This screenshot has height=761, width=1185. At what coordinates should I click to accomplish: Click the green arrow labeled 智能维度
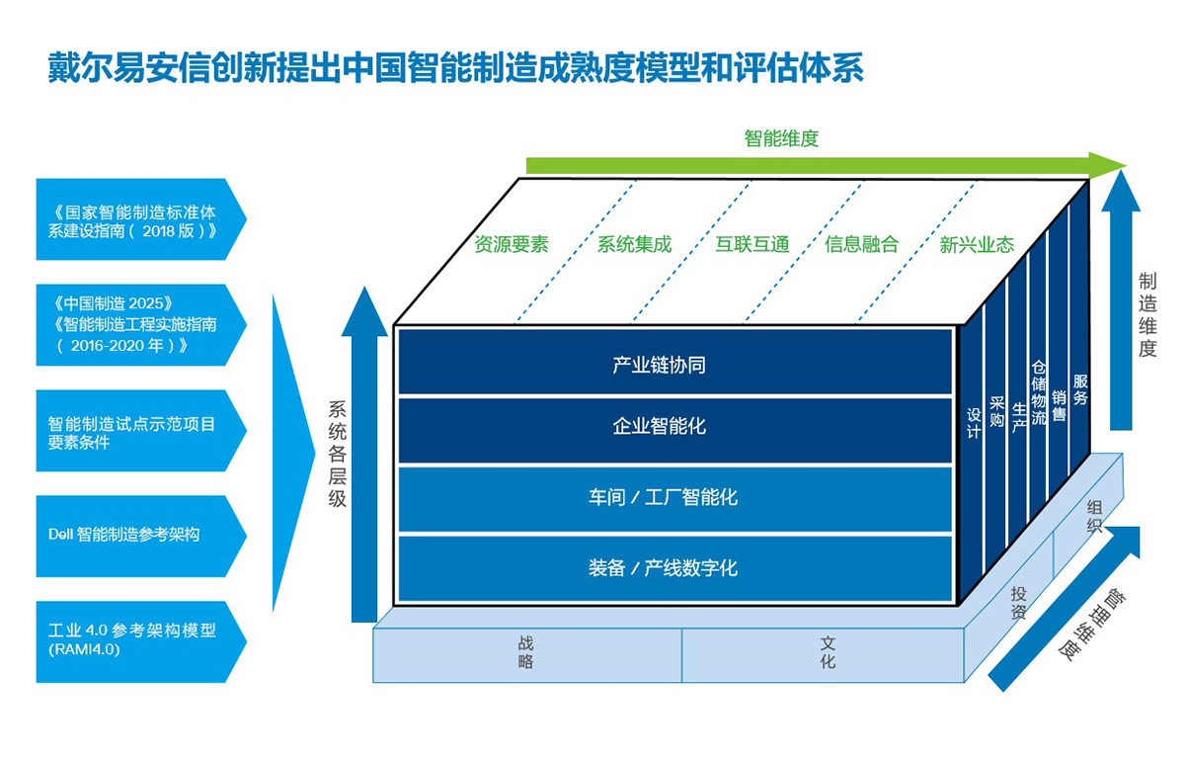(826, 166)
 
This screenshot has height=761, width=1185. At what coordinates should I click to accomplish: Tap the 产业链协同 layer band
(675, 363)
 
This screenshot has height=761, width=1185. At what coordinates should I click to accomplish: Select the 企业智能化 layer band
(675, 431)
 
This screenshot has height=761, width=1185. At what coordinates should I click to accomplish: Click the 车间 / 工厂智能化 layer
(675, 499)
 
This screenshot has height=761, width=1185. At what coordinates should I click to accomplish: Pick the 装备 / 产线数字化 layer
(675, 568)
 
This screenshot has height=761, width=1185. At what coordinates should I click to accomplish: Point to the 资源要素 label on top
(512, 245)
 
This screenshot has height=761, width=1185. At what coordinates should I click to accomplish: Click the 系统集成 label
(634, 245)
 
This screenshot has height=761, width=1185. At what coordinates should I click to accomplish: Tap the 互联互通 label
(752, 245)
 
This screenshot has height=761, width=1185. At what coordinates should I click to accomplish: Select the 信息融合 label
(862, 245)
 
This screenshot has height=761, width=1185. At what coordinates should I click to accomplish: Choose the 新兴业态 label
(977, 245)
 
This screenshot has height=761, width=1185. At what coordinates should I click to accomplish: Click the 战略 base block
(527, 655)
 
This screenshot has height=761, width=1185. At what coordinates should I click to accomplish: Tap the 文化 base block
(824, 655)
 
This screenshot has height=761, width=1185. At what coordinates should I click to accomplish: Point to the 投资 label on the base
(1018, 603)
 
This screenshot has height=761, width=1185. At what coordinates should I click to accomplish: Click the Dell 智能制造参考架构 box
(141, 536)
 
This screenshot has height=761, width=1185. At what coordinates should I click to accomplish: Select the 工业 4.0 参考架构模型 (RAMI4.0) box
(141, 641)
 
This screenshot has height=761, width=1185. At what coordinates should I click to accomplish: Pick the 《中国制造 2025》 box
(141, 324)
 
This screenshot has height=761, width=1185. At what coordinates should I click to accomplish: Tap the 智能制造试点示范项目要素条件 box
(141, 431)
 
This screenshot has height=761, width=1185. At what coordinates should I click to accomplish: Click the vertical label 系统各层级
(337, 454)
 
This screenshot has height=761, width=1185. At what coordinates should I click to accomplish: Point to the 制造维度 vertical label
(1147, 314)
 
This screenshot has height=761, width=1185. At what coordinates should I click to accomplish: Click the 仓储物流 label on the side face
(1039, 393)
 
